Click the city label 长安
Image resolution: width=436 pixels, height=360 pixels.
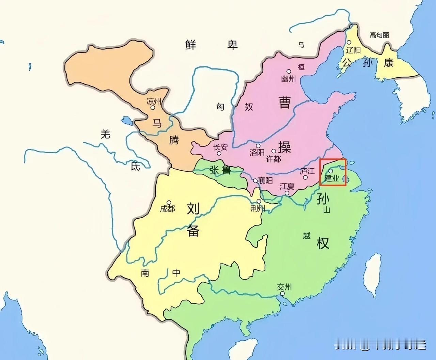(x=220, y=147)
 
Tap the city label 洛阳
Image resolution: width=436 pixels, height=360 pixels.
(x=257, y=152)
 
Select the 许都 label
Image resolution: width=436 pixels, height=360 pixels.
(x=273, y=158)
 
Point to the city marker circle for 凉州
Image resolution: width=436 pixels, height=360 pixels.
(x=153, y=108)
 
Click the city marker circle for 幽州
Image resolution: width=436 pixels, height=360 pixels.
(x=289, y=72)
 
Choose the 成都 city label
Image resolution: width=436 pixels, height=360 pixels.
(x=167, y=208)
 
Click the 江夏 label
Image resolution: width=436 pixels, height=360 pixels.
(x=287, y=186)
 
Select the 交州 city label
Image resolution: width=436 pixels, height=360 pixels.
(x=284, y=287)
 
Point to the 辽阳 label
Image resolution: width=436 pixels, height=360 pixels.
(x=353, y=50)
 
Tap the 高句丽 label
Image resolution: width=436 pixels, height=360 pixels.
(x=379, y=35)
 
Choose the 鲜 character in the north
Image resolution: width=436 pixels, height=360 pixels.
(x=191, y=45)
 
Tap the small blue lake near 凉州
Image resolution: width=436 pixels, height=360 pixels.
(x=126, y=120)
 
